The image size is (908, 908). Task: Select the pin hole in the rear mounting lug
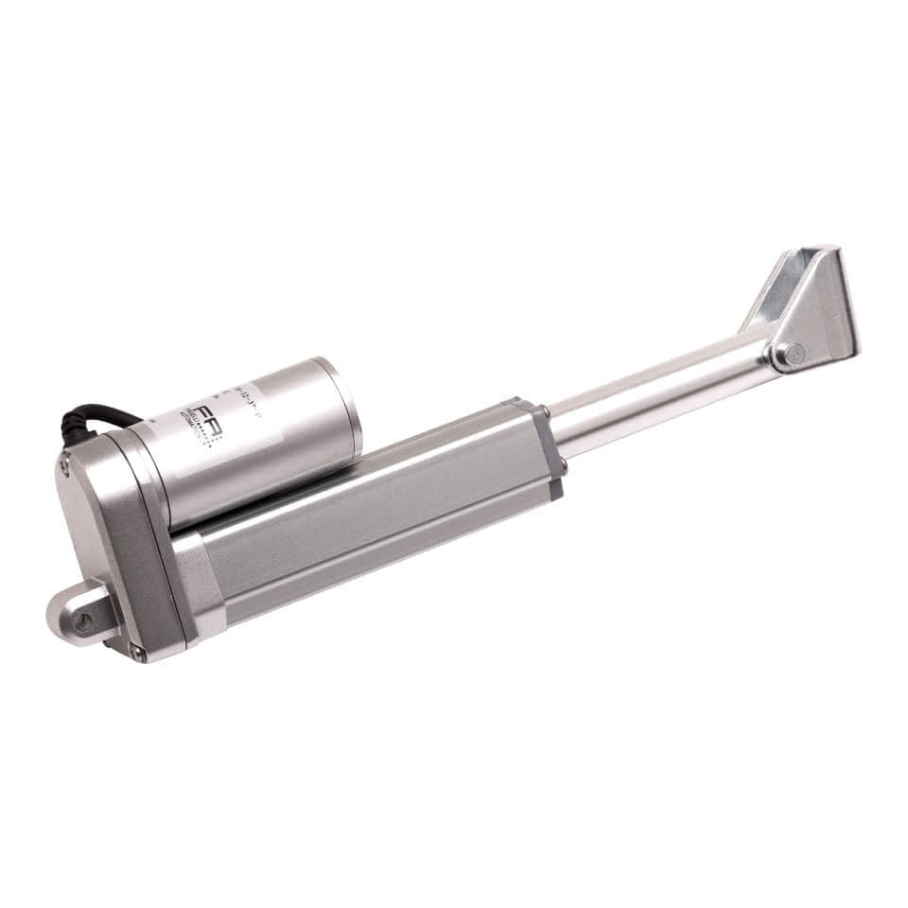click(x=83, y=621)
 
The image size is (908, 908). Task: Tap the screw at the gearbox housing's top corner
click(x=64, y=464)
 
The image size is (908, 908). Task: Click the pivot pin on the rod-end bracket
click(x=791, y=356)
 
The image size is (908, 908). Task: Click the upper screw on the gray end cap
click(x=545, y=412)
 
